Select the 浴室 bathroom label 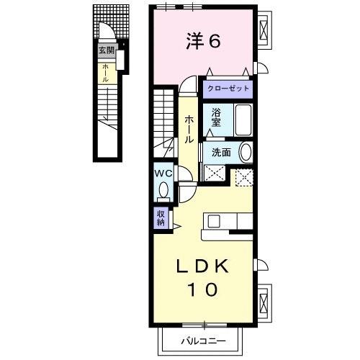pos(216,119)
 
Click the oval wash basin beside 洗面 pos(246,153)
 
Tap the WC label pos(162,173)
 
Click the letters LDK pos(204,267)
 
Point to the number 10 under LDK pos(204,290)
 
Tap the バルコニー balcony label pos(202,340)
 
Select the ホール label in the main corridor pos(189,129)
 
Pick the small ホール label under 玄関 pos(106,72)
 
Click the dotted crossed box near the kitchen pos(243,176)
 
